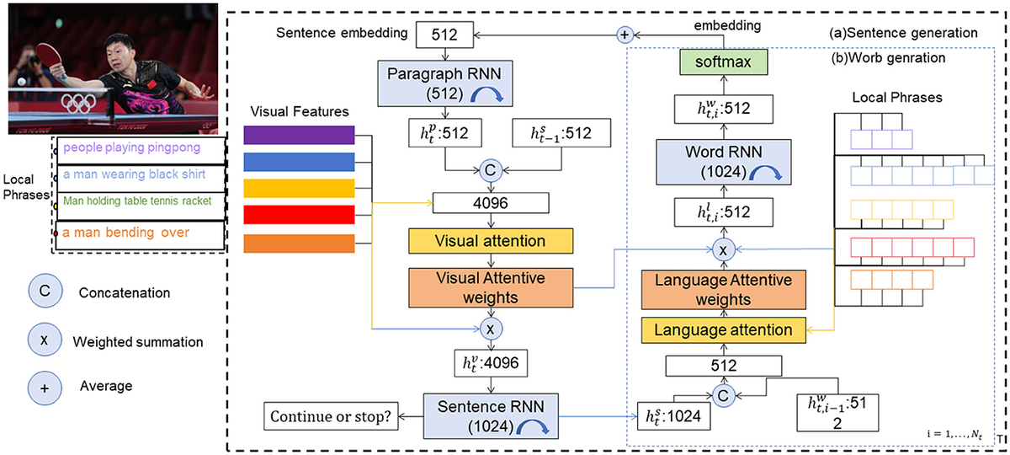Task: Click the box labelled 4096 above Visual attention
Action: click(x=489, y=203)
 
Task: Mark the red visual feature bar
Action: click(x=298, y=214)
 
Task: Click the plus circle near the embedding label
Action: click(x=625, y=35)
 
